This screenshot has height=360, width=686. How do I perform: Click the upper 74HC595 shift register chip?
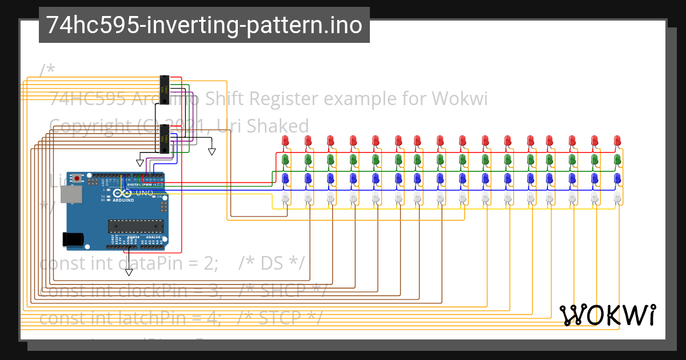click(165, 89)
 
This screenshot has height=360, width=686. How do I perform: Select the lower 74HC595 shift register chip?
click(165, 139)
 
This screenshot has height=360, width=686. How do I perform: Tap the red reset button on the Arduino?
click(85, 179)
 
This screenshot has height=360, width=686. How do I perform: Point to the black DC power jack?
click(72, 238)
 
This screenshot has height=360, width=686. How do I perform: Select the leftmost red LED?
click(286, 141)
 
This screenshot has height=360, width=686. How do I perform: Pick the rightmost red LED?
click(617, 141)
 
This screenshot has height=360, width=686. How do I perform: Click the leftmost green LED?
click(286, 159)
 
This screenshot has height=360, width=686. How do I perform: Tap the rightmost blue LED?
click(617, 178)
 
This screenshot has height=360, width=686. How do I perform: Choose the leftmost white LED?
click(286, 198)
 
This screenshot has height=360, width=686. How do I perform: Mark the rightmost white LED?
click(617, 198)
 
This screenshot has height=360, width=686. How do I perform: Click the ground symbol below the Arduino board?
click(129, 272)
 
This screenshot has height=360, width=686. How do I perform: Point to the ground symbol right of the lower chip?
click(212, 151)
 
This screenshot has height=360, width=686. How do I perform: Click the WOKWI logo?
click(608, 315)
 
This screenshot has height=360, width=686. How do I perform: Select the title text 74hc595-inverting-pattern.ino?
click(204, 25)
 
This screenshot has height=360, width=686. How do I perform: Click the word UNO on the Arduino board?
click(144, 193)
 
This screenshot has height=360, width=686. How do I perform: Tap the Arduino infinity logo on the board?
click(126, 194)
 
